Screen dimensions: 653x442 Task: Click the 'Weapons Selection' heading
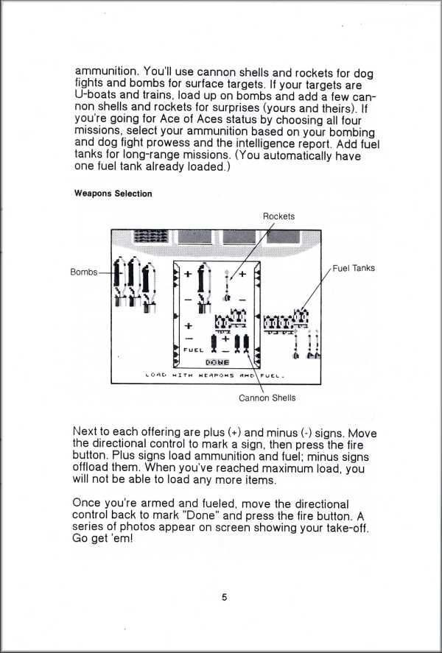(x=113, y=194)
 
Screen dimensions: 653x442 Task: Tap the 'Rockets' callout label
(x=278, y=216)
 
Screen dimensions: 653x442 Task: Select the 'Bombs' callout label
(x=83, y=272)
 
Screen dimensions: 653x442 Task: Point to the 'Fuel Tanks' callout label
(x=354, y=268)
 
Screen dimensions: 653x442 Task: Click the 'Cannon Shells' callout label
(x=267, y=398)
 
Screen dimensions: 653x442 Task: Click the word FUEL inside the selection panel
(x=193, y=350)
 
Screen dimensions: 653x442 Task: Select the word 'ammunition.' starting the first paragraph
(x=106, y=72)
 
